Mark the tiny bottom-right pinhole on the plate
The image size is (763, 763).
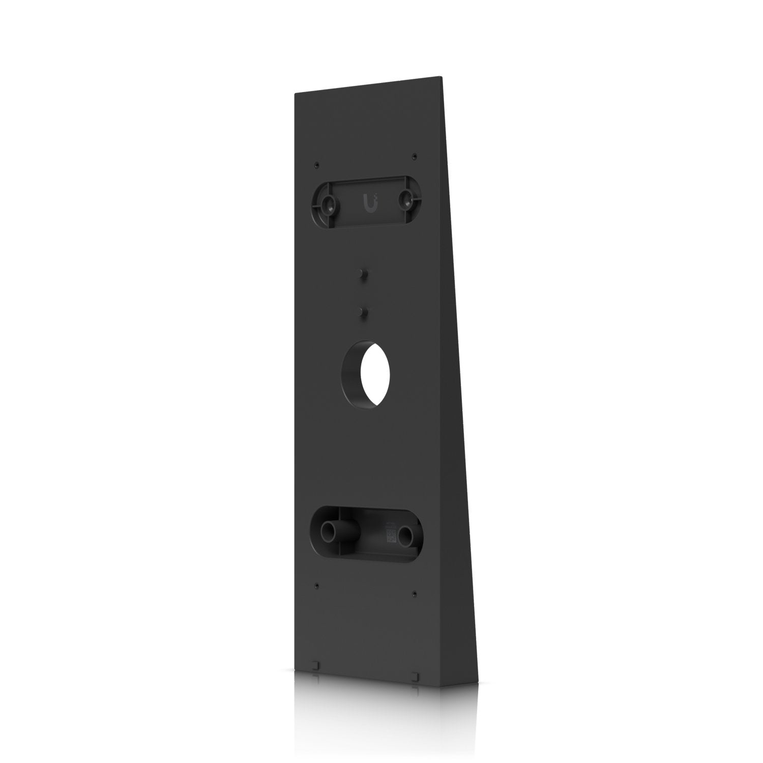tap(415, 593)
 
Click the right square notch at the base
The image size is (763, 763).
tap(415, 676)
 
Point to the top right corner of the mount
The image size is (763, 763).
tap(442, 77)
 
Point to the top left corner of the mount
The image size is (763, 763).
tap(295, 94)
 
